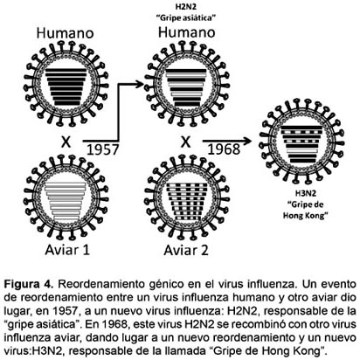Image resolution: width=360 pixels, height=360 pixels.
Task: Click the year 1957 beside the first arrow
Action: point(103,149)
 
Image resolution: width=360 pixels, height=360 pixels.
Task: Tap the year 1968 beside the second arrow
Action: point(224,149)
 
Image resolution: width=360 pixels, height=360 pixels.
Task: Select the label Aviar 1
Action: point(67,250)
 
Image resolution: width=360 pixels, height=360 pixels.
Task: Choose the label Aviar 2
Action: point(186,250)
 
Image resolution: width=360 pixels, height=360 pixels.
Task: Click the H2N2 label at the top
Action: point(186,6)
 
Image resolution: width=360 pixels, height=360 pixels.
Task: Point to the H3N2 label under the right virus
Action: point(306,193)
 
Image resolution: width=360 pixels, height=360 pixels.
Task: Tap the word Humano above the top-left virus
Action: point(65,33)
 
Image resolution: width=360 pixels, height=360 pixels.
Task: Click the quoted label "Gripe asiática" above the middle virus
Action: point(186,17)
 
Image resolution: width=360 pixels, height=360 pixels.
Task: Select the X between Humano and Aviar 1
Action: point(66,142)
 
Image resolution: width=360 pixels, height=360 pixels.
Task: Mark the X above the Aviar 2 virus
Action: point(185,142)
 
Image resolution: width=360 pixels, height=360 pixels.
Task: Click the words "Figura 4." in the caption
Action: point(29,284)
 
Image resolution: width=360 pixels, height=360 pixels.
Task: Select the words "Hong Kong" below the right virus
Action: point(304,216)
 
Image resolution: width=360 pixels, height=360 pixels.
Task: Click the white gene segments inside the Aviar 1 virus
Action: point(66,202)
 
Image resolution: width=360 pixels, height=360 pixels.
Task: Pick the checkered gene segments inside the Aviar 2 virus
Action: point(186,202)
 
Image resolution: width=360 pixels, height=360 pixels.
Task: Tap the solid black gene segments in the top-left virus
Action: point(66,87)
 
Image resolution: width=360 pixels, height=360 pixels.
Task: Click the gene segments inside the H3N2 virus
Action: point(302,144)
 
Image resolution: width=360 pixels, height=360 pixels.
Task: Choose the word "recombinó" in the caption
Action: point(242,324)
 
